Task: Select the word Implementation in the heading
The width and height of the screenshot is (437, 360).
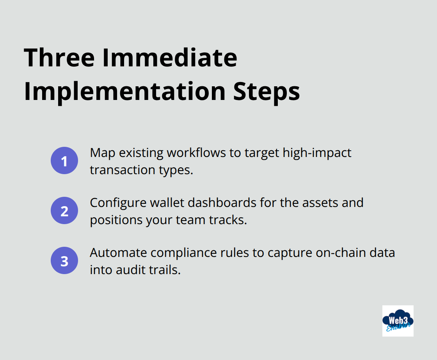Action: (124, 92)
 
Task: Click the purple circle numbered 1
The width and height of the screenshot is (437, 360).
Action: (64, 160)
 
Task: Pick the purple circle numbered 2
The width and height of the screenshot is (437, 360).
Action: (64, 210)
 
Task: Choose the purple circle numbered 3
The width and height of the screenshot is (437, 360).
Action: (64, 260)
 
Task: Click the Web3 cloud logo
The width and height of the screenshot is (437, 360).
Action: (398, 321)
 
